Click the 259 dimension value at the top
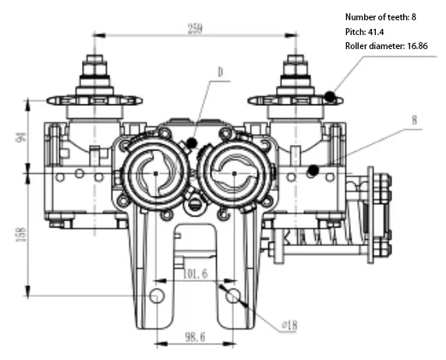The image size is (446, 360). (x=194, y=29)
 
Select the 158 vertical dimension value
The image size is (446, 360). (x=21, y=231)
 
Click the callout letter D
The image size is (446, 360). (x=221, y=71)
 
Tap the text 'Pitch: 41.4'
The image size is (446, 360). (x=366, y=31)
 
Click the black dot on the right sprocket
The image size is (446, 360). (x=331, y=97)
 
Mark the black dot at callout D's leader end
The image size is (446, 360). (x=193, y=143)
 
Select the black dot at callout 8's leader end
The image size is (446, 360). (x=313, y=170)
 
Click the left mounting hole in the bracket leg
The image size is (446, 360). (x=157, y=295)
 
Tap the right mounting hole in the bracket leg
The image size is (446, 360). (x=232, y=295)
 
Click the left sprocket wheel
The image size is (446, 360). (x=94, y=100)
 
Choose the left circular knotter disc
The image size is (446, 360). (x=157, y=172)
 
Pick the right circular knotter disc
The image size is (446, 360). (x=234, y=172)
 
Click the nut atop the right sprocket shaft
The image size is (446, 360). (x=295, y=61)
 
